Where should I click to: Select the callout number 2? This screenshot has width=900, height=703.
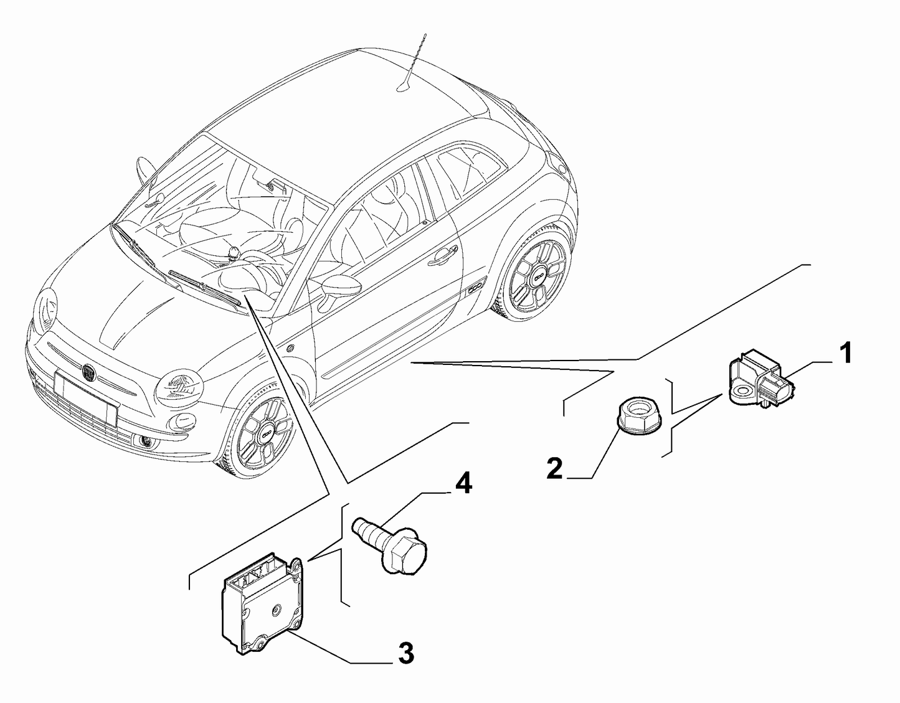pos(554,468)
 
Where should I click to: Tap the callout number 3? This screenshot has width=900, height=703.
pos(405,653)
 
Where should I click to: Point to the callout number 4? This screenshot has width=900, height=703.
pos(463,484)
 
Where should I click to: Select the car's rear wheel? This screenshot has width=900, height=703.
pos(536,275)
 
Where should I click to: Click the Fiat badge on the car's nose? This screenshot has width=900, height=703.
pos(88,372)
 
